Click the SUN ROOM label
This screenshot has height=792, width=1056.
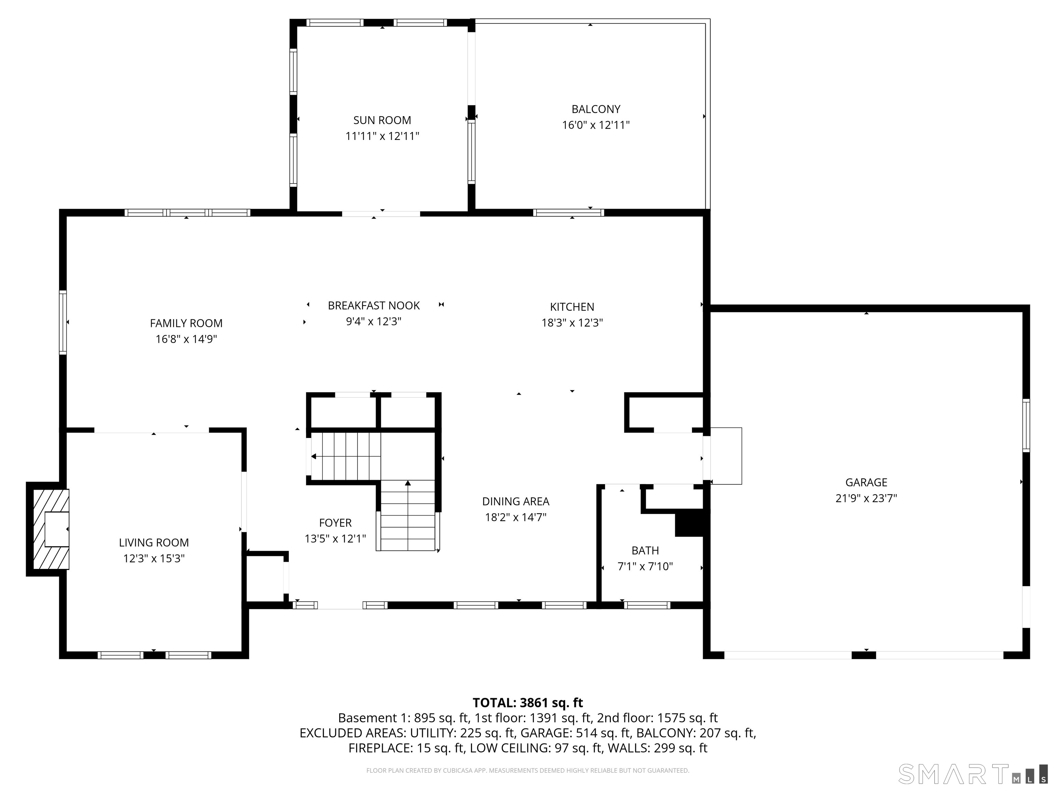pos(382,120)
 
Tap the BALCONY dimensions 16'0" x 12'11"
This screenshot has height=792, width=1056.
pos(596,125)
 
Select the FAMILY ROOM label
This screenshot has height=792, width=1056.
pos(186,323)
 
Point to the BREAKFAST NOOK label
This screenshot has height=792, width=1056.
pos(374,306)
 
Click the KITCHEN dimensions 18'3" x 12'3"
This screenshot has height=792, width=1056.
pos(572,323)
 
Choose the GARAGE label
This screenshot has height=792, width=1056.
pos(866,482)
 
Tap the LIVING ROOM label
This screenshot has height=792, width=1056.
pos(154,542)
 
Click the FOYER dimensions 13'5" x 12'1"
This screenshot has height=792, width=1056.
pos(335,539)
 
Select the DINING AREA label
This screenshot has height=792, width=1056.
pos(516,501)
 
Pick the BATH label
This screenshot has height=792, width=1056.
pos(645,550)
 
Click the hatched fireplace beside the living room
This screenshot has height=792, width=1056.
pos(51,529)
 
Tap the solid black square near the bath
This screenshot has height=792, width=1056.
pos(689,523)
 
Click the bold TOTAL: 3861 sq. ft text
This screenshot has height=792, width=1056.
pos(528,703)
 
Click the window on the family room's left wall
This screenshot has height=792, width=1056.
pos(63,322)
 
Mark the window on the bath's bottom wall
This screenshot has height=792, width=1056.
pos(647,605)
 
